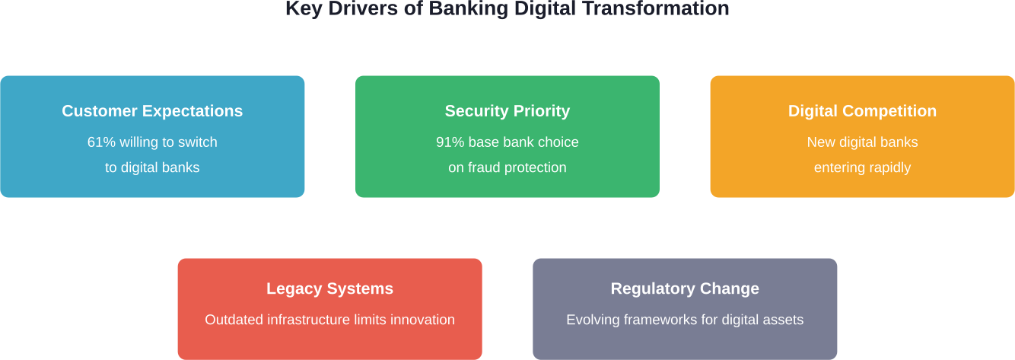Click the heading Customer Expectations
(152, 111)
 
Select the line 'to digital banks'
(152, 167)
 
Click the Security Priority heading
(507, 111)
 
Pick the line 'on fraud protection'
(507, 167)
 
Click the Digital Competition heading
(862, 111)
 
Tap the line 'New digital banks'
(862, 142)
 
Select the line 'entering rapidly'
(862, 167)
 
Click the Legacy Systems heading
(329, 288)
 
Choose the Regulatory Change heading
(685, 288)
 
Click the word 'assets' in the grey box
(784, 320)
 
